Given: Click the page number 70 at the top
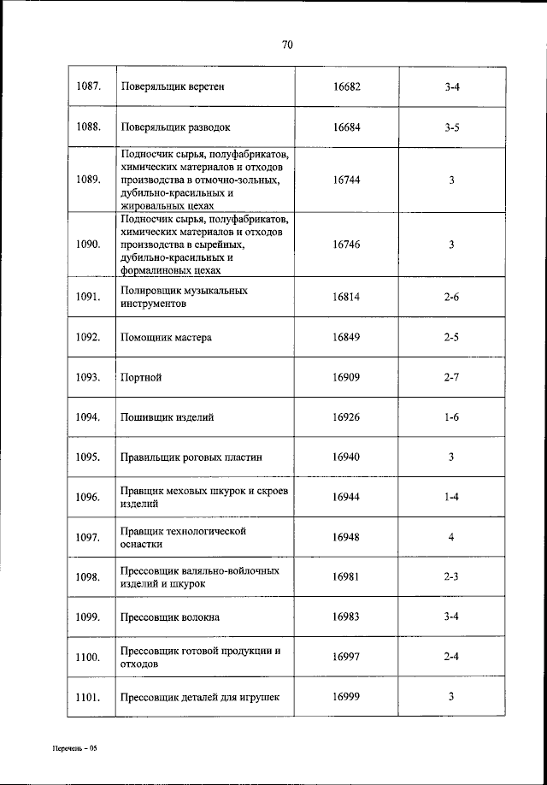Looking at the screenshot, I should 287,45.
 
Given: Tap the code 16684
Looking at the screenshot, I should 346,127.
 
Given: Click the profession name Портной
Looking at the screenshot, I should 142,377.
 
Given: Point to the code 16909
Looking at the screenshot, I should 346,377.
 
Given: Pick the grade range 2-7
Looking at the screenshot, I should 452,377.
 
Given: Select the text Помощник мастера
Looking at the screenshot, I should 167,337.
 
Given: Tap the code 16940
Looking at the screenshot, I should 346,457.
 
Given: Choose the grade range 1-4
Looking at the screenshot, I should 452,497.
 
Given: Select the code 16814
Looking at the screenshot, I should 346,297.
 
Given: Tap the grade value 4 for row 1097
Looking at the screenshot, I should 451,537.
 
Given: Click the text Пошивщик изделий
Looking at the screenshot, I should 168,417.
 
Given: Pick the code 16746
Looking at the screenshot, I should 346,245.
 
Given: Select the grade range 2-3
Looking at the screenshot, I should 452,576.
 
